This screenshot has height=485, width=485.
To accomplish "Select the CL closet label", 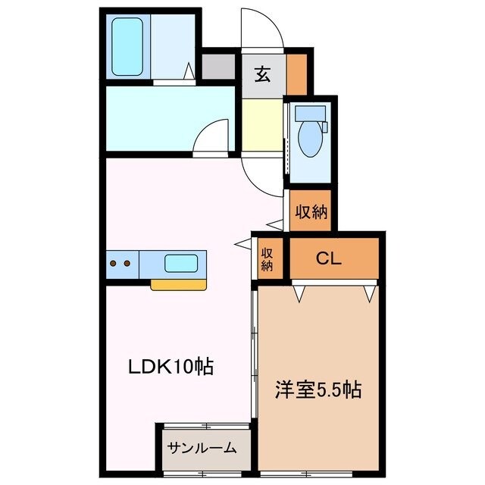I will [329, 258].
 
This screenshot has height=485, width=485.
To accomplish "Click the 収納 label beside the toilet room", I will [311, 211].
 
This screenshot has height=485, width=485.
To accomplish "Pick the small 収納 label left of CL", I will [268, 258].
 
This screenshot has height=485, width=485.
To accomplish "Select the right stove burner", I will [127, 264].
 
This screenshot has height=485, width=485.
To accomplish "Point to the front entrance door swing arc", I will [270, 30].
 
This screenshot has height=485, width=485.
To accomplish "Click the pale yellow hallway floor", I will [261, 125].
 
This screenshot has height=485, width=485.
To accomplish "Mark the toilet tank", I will [310, 114].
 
